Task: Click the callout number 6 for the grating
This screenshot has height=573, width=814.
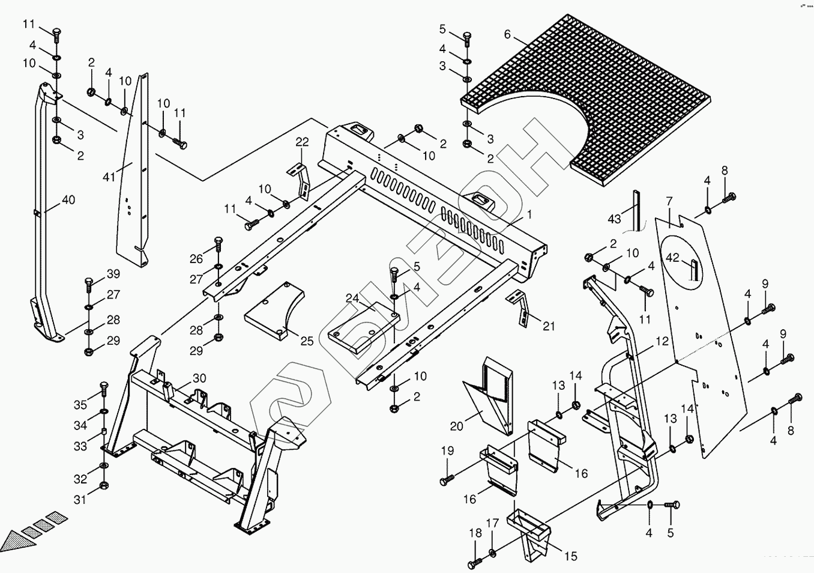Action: pos(507,34)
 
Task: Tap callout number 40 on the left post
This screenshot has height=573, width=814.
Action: pos(68,199)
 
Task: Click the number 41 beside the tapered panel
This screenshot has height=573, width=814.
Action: pos(109,177)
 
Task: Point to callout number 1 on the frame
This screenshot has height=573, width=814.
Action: pos(529,213)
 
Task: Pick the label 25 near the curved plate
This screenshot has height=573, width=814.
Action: pos(307,341)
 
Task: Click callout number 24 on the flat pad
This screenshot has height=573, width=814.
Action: pos(352,298)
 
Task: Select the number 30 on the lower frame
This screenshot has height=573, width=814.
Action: pos(199,378)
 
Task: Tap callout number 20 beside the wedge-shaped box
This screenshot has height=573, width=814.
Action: pos(457,426)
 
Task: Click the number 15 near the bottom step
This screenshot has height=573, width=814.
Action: pos(571,557)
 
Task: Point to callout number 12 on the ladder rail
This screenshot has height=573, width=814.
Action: pos(662,341)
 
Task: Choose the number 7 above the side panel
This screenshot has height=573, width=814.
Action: pos(669,201)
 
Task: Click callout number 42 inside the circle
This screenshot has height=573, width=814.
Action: pos(672,258)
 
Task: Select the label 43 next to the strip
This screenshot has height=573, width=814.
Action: pos(614,219)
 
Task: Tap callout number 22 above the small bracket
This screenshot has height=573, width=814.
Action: pos(302,142)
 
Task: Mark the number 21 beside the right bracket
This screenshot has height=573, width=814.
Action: pos(549,327)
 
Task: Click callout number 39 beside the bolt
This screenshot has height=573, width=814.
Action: pos(113,274)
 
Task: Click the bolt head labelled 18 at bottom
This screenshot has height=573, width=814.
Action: pos(472,565)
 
